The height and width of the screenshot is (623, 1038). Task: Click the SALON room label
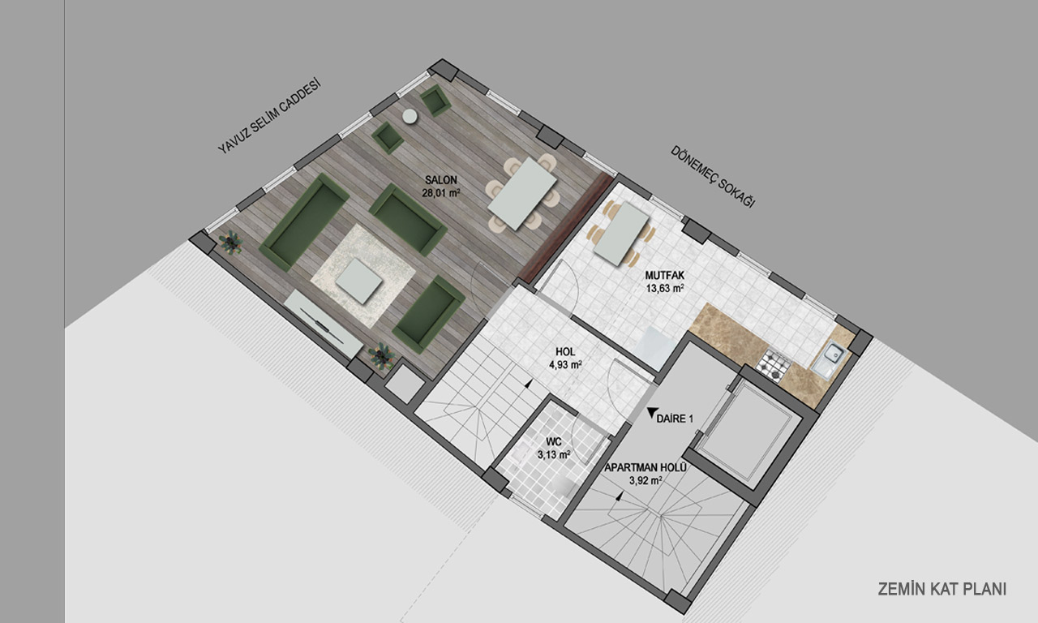click(441, 180)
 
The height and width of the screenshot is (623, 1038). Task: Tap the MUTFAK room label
click(664, 276)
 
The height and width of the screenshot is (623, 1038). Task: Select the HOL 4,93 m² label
click(565, 359)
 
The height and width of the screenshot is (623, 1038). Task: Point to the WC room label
click(554, 442)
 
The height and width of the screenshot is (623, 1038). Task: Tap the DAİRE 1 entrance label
click(675, 419)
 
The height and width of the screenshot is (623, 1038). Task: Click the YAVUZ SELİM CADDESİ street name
click(269, 116)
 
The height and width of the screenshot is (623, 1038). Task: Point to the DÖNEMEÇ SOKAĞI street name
click(713, 177)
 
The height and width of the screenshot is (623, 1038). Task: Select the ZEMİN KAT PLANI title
click(942, 589)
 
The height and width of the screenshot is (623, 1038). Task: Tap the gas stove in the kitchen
click(774, 365)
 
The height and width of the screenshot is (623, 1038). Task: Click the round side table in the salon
click(410, 116)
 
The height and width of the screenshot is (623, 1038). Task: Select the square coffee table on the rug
click(359, 281)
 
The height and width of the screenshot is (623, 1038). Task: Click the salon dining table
click(522, 193)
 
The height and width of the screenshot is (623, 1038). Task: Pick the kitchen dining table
click(621, 233)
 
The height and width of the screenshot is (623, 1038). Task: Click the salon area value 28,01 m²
click(440, 193)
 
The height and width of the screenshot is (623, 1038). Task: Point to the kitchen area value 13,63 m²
click(665, 288)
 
